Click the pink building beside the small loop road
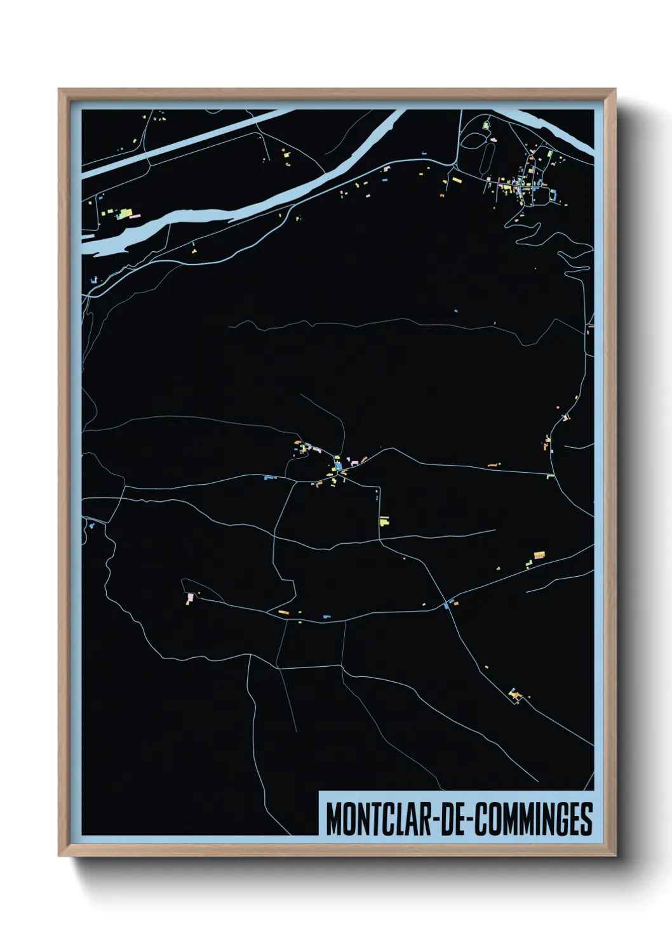[189, 597]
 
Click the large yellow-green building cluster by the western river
[126, 213]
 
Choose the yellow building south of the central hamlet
[384, 522]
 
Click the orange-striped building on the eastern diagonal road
[539, 555]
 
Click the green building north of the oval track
[486, 126]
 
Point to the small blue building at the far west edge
[93, 525]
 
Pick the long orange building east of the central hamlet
[492, 465]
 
